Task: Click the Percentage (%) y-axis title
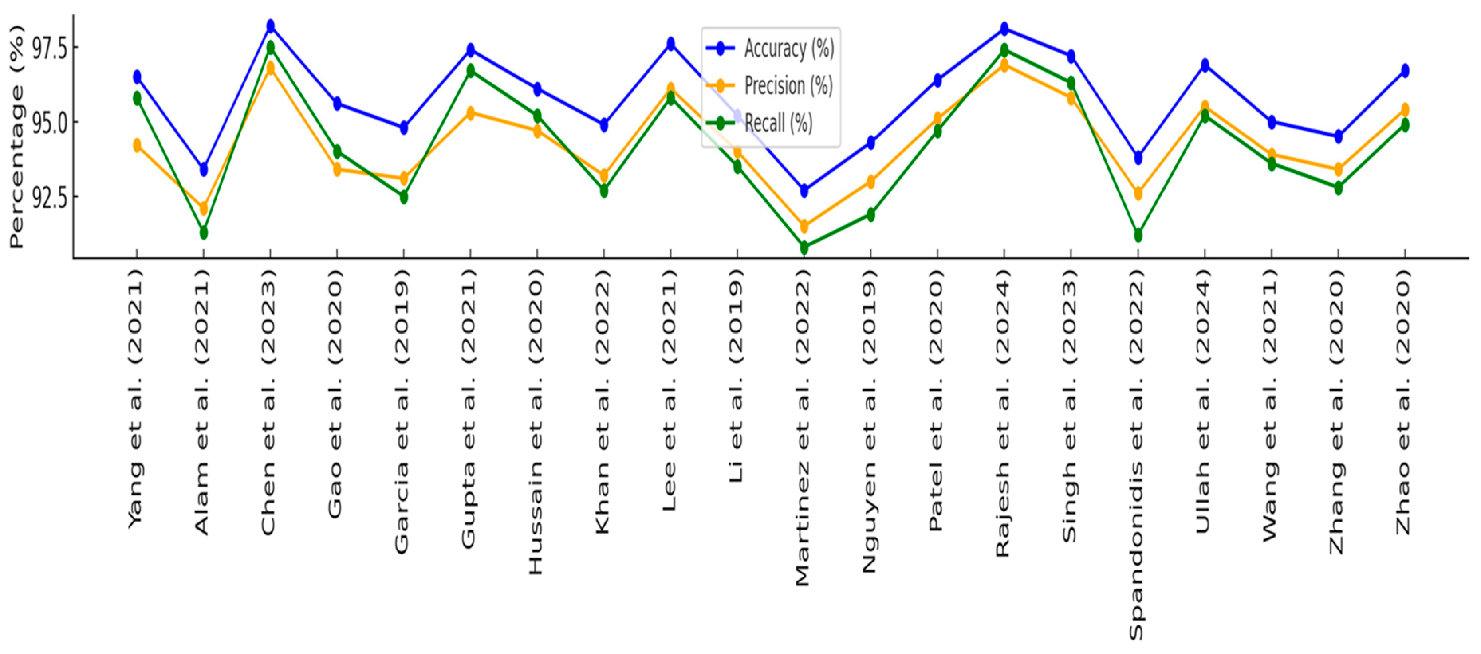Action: [x=17, y=136]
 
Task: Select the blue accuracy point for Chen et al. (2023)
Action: [x=270, y=26]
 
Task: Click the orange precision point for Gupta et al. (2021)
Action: [x=470, y=113]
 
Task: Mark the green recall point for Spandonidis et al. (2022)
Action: [x=1138, y=235]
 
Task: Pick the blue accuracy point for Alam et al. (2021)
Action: [x=203, y=169]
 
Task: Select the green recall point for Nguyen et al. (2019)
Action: [x=871, y=214]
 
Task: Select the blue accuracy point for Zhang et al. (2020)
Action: [x=1338, y=137]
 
